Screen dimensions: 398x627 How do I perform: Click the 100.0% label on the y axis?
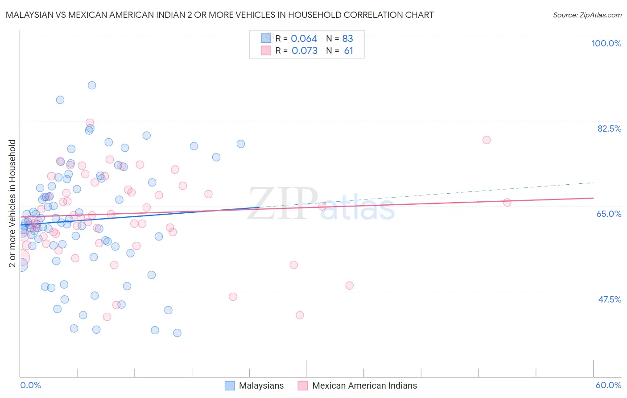606,43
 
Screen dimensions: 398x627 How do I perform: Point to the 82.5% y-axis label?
609,129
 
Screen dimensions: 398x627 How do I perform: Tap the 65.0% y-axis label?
609,214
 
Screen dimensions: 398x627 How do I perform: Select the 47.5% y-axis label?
609,299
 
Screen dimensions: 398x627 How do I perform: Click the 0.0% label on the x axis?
30,385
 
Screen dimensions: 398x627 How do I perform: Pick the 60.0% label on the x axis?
608,385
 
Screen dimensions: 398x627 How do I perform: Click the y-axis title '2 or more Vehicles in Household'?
12,203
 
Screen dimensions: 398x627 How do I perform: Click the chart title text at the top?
219,15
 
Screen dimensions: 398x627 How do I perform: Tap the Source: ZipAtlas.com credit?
587,15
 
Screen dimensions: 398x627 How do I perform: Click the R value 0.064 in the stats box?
304,38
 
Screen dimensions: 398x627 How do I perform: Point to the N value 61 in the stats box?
348,50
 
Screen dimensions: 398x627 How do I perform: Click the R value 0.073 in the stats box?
304,50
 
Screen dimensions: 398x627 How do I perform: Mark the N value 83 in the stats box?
347,38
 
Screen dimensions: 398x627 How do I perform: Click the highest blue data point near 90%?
92,85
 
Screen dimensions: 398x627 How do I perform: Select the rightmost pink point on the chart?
507,203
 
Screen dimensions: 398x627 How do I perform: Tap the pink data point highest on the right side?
487,140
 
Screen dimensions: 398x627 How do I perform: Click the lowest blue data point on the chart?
177,333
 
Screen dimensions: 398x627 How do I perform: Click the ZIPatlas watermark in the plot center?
321,204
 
